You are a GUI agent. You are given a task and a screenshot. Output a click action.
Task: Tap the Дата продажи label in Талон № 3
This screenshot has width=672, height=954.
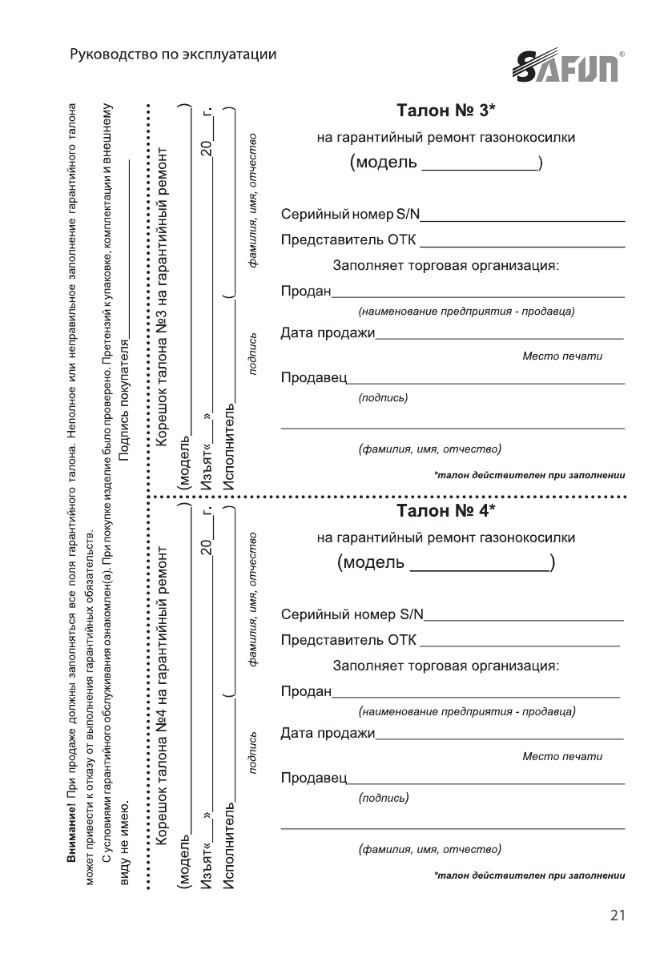coord(328,332)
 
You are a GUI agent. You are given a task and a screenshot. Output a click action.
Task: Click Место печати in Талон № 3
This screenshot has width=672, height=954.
coord(561,356)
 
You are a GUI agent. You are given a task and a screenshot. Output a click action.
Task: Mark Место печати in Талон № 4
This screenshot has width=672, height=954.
coord(561,755)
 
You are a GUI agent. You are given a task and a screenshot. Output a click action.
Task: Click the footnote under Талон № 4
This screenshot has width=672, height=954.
coord(529,875)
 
